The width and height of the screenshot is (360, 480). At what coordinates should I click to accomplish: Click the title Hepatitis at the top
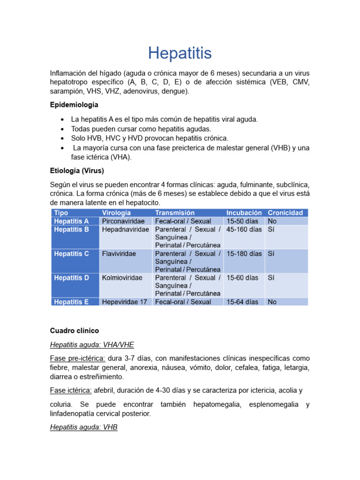[x=180, y=53]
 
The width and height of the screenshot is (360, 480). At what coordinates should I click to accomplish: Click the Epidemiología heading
[x=74, y=105]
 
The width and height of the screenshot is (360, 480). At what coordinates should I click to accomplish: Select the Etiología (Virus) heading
[x=77, y=170]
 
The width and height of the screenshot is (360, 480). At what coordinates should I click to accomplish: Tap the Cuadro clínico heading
[x=75, y=330]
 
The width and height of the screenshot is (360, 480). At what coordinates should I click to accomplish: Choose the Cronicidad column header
[x=285, y=213]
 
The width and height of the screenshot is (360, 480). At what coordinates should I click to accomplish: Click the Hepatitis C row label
[x=71, y=254]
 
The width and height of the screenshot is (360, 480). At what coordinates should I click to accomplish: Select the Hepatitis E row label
[x=71, y=302]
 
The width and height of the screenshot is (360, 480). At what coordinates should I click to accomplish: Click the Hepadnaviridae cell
[x=126, y=229]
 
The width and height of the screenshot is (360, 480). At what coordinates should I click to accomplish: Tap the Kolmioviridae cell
[x=122, y=277]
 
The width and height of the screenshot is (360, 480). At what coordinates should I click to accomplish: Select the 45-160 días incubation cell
[x=244, y=229]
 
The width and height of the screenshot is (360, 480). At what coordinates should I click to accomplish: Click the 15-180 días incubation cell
[x=244, y=254]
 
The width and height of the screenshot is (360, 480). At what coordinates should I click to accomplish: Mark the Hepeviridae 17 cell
[x=125, y=302]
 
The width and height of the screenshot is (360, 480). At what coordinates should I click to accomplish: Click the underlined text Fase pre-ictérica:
[x=77, y=358]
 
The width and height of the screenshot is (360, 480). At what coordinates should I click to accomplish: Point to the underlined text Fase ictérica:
[x=70, y=390]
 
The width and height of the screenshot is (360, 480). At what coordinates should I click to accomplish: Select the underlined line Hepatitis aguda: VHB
[x=83, y=428]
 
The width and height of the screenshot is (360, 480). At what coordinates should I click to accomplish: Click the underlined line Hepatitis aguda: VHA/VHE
[x=92, y=345]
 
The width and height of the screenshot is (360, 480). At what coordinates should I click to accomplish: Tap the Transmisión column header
[x=175, y=213]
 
